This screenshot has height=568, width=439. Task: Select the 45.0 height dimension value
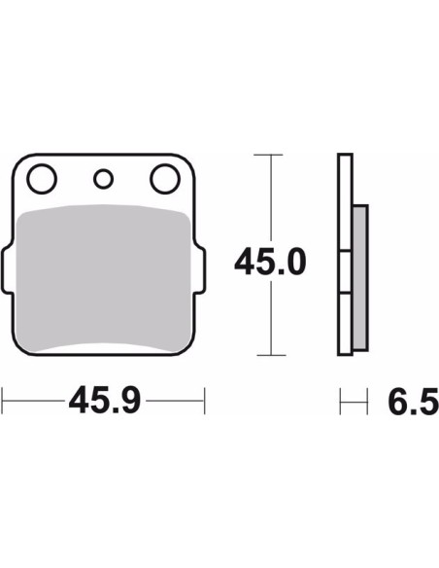(x=270, y=262)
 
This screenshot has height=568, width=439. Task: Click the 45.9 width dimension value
(x=105, y=401)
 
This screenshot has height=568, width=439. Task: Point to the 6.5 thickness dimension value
(x=414, y=401)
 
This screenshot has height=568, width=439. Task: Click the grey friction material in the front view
(x=104, y=278)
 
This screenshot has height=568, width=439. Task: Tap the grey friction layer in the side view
(x=360, y=278)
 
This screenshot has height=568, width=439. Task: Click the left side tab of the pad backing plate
(x=7, y=270)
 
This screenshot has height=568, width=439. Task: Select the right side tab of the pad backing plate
(x=200, y=270)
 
